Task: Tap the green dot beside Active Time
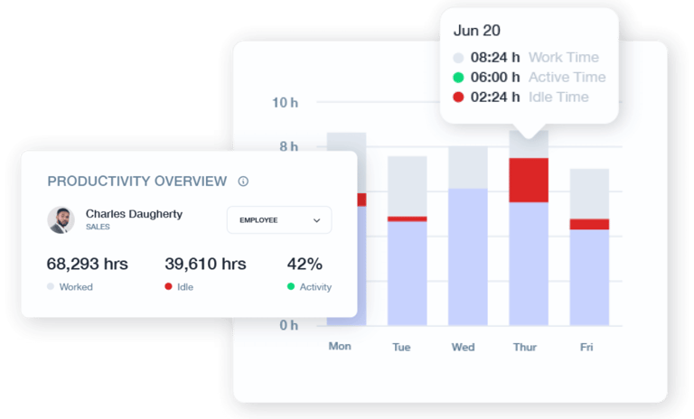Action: click(459, 78)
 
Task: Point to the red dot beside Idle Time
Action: click(459, 98)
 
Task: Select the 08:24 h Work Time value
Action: click(495, 58)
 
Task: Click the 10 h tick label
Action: click(285, 102)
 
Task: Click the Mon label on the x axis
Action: click(340, 347)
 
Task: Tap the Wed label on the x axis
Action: click(463, 347)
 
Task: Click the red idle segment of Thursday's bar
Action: click(529, 180)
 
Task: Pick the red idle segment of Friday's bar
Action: click(589, 224)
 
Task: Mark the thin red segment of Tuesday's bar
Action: click(407, 219)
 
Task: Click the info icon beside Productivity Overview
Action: click(243, 182)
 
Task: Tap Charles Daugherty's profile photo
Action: click(61, 220)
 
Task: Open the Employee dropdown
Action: click(279, 220)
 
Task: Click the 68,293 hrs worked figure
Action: click(87, 265)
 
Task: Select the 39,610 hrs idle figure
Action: click(205, 265)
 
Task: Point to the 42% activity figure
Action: click(305, 265)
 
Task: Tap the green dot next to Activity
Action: click(291, 287)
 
